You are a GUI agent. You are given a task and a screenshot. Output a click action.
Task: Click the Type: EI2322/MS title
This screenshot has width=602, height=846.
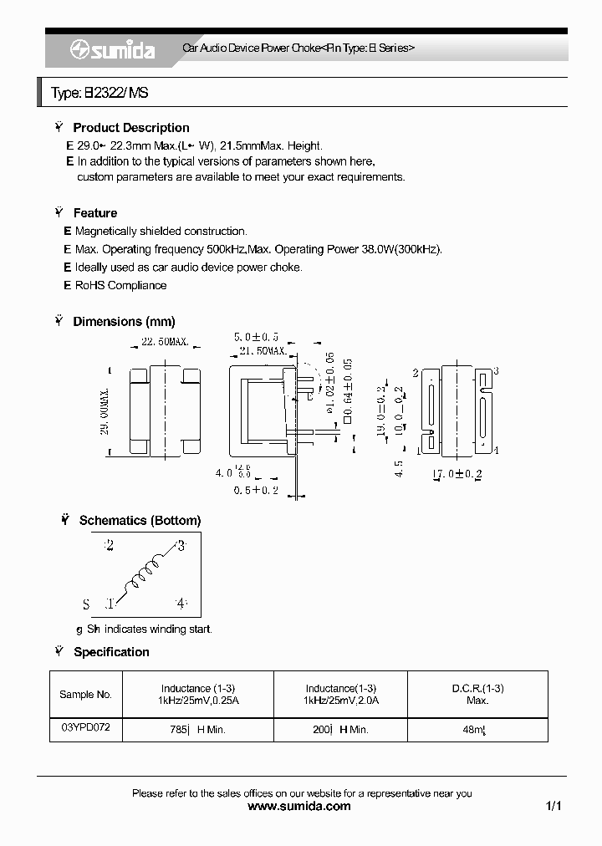click(x=99, y=93)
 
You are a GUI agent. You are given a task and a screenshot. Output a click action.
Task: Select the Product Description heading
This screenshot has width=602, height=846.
click(x=130, y=128)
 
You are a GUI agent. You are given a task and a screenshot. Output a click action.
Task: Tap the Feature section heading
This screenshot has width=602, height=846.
click(x=94, y=213)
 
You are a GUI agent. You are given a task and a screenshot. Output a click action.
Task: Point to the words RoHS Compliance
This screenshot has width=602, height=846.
click(x=120, y=285)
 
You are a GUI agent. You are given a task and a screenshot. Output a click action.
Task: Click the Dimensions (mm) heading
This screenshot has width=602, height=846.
click(x=124, y=321)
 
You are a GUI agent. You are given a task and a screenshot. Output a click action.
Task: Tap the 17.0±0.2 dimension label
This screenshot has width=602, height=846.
click(x=457, y=474)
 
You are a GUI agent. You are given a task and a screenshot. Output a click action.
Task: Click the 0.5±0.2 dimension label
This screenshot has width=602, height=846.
click(x=257, y=490)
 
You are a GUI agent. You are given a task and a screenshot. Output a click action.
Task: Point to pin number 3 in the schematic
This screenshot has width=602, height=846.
click(x=180, y=547)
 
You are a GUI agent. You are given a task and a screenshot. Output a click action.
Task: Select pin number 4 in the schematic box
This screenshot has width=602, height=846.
click(x=180, y=603)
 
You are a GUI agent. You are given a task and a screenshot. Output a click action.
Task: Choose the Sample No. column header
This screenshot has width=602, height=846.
click(x=85, y=694)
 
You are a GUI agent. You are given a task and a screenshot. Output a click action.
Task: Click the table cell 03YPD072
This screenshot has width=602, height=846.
click(x=85, y=727)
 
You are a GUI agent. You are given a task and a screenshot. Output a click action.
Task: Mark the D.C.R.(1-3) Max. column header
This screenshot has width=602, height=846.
click(x=477, y=694)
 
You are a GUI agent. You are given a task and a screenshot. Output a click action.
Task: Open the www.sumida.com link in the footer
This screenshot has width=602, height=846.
click(x=300, y=806)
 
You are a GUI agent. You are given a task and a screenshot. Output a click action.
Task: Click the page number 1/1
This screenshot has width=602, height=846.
click(x=553, y=806)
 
